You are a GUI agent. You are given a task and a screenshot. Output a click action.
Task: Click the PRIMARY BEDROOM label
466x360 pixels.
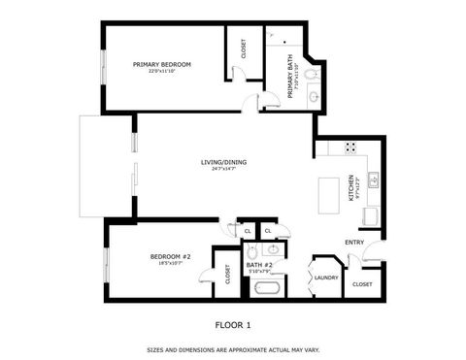pos(163,64)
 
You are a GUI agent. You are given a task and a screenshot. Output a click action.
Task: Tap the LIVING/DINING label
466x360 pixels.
pos(221,162)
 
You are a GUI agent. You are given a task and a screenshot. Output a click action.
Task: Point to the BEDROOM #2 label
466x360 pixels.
pos(170,256)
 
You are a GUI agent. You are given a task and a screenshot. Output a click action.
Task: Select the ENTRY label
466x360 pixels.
pos(354,243)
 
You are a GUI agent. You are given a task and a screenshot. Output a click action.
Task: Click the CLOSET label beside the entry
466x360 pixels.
pos(363,283)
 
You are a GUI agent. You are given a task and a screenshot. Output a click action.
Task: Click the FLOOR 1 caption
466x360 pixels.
pos(233,325)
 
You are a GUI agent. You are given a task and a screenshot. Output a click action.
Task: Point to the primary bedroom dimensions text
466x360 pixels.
pos(163,71)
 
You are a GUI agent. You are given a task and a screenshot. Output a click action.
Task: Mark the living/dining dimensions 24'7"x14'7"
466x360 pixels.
pos(221,169)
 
